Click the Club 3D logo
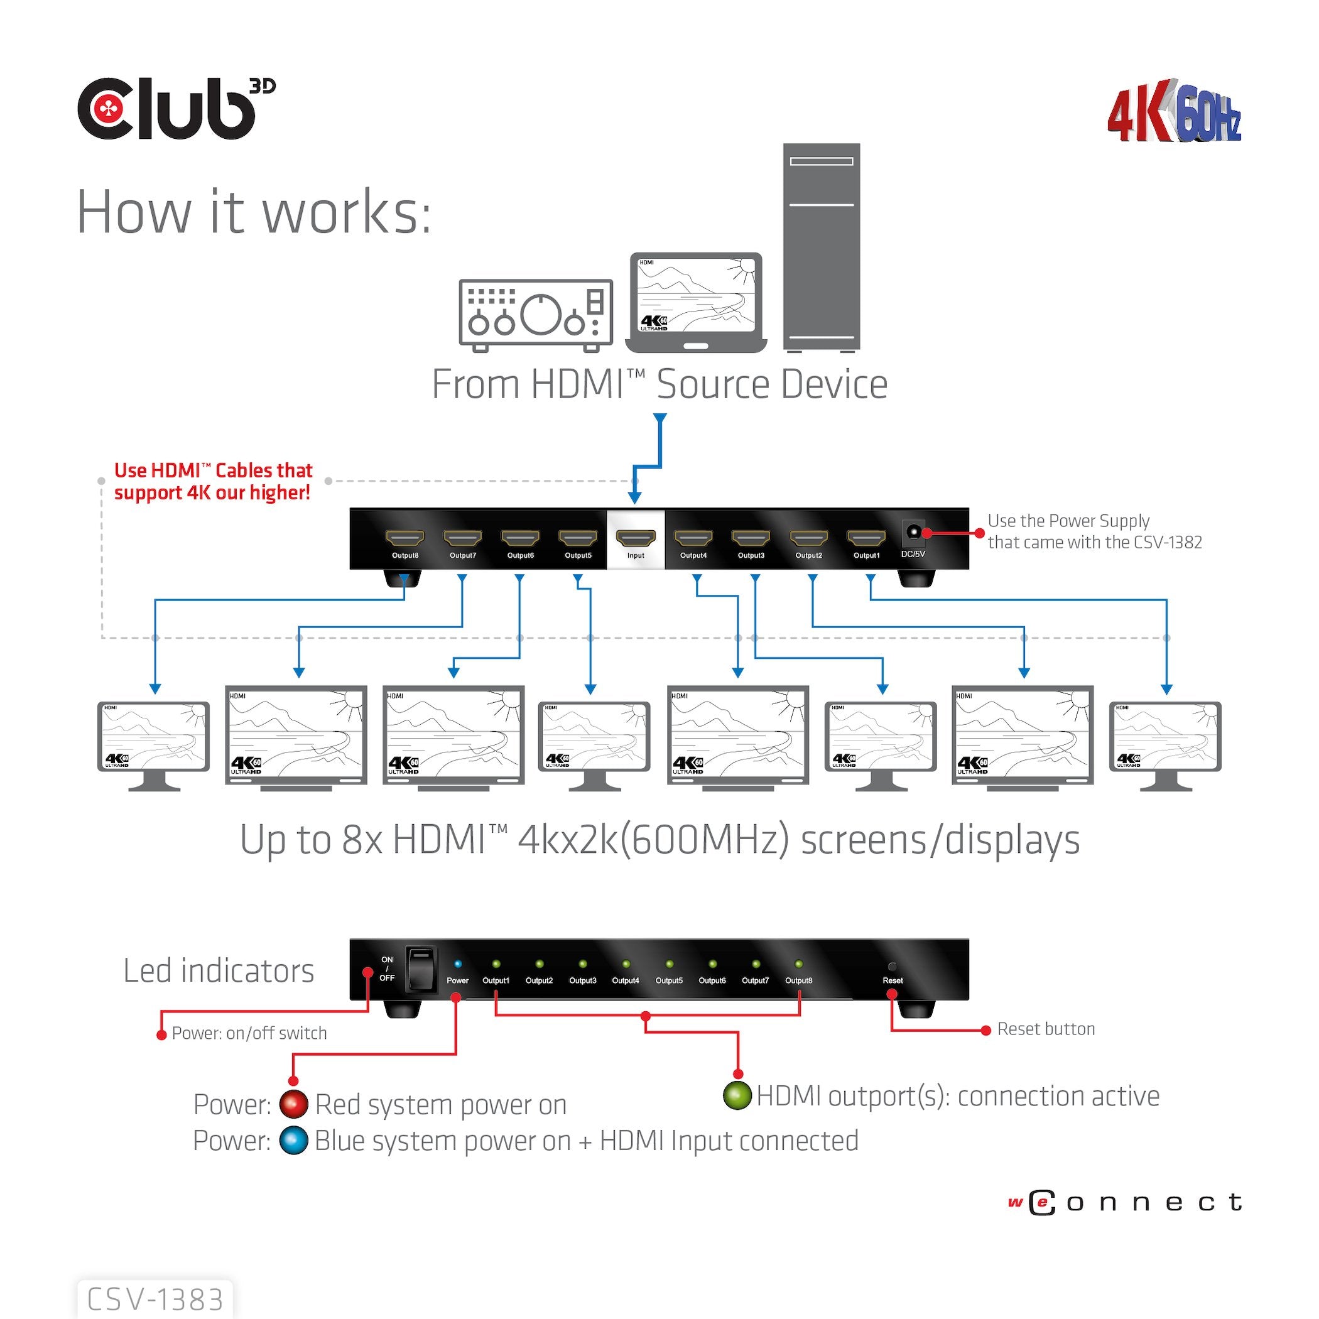click(175, 109)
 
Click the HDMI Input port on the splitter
click(635, 538)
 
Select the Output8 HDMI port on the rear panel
click(405, 538)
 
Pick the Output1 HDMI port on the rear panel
click(866, 538)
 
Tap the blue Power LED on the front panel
click(457, 964)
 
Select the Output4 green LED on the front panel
click(626, 964)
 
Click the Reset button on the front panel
click(892, 966)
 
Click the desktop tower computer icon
click(822, 247)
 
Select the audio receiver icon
click(536, 315)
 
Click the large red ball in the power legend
click(293, 1104)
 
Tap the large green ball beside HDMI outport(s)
click(737, 1095)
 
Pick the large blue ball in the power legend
click(293, 1140)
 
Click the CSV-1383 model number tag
click(156, 1299)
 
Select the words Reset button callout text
click(1045, 1029)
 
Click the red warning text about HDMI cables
click(212, 481)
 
